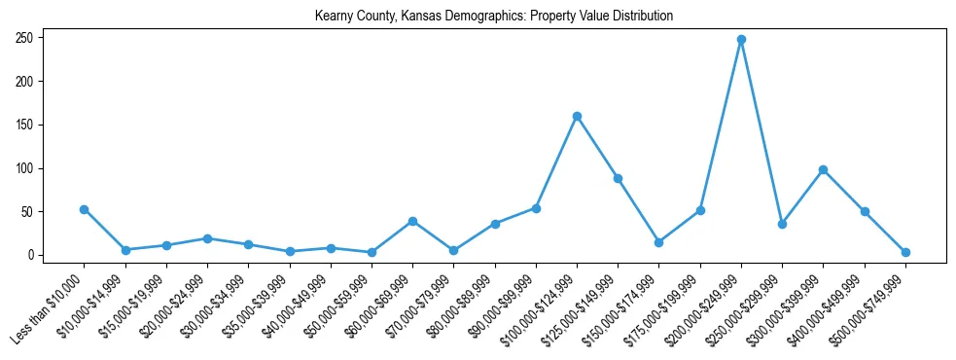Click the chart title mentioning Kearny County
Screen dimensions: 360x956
click(494, 17)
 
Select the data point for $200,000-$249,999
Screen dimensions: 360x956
click(741, 40)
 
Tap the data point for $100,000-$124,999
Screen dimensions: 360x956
click(577, 116)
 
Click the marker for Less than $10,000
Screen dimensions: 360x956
click(85, 209)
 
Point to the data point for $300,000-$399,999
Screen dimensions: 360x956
click(824, 169)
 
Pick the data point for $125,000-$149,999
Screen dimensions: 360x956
click(618, 178)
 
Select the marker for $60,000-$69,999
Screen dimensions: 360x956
click(412, 221)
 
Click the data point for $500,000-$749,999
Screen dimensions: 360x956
click(905, 252)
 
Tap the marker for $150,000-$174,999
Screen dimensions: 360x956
click(659, 242)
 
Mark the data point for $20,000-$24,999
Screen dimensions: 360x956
click(207, 238)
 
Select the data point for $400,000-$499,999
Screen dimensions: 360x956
click(865, 211)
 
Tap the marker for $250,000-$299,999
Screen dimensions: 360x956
click(782, 224)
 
